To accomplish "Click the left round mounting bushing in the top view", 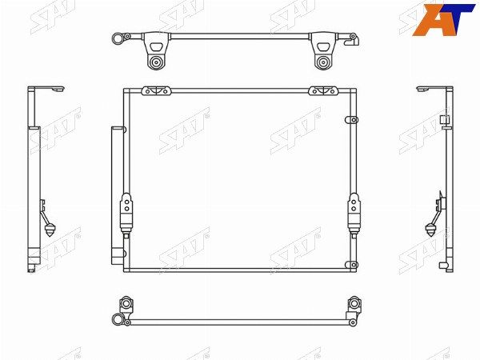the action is (x=157, y=62).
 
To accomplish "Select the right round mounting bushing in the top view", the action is (x=322, y=62).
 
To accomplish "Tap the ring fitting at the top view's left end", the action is (x=118, y=38).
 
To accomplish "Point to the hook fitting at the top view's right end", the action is (x=352, y=39).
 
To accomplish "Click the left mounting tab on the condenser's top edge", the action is (x=156, y=91).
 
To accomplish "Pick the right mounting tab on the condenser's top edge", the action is (x=323, y=91).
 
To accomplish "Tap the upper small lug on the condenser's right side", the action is (x=351, y=120).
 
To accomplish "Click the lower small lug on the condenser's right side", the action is (x=351, y=265).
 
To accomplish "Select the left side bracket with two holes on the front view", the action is (x=126, y=214).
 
